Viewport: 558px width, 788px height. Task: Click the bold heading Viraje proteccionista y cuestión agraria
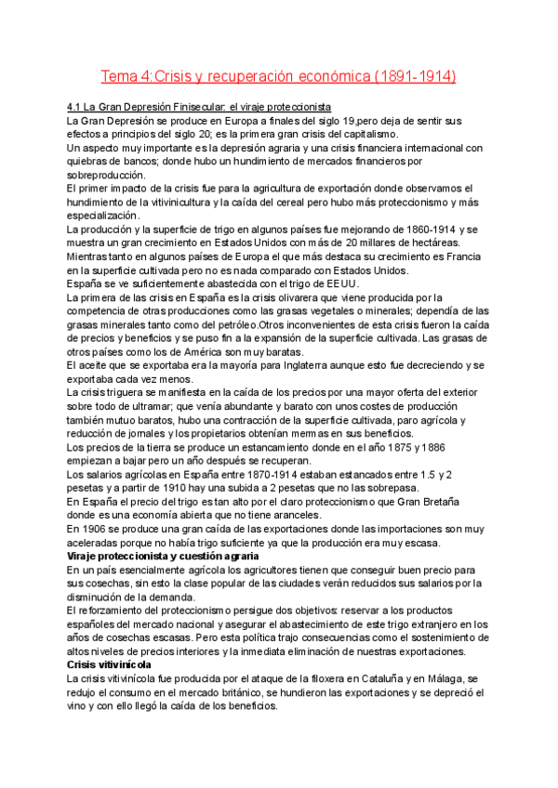click(163, 556)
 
